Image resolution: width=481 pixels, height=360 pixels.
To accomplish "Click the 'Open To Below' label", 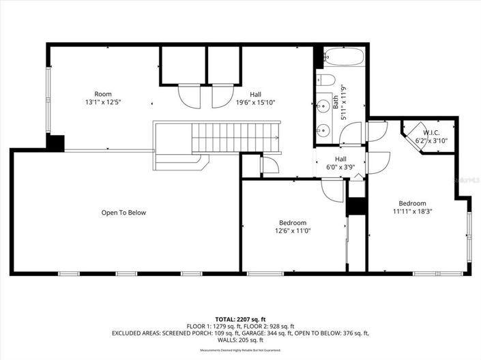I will click(x=123, y=213).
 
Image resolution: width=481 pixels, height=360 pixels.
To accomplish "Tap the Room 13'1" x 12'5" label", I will click(x=103, y=98).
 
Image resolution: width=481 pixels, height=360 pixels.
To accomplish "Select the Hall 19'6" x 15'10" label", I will click(x=255, y=99).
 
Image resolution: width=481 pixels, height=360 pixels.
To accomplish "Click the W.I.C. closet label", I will click(x=430, y=136).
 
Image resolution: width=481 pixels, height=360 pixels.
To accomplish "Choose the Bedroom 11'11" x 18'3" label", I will click(x=412, y=207).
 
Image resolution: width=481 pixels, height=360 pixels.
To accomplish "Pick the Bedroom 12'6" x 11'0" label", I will click(x=292, y=227).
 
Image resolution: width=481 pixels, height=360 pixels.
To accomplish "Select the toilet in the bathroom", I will click(x=326, y=80).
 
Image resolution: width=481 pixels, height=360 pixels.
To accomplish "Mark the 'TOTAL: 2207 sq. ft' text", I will click(x=240, y=319).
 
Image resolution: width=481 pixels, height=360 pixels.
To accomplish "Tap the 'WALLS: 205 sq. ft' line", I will click(x=240, y=340).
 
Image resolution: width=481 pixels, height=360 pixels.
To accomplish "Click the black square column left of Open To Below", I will click(x=55, y=142).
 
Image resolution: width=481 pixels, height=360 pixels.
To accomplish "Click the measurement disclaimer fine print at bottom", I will click(x=240, y=350).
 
